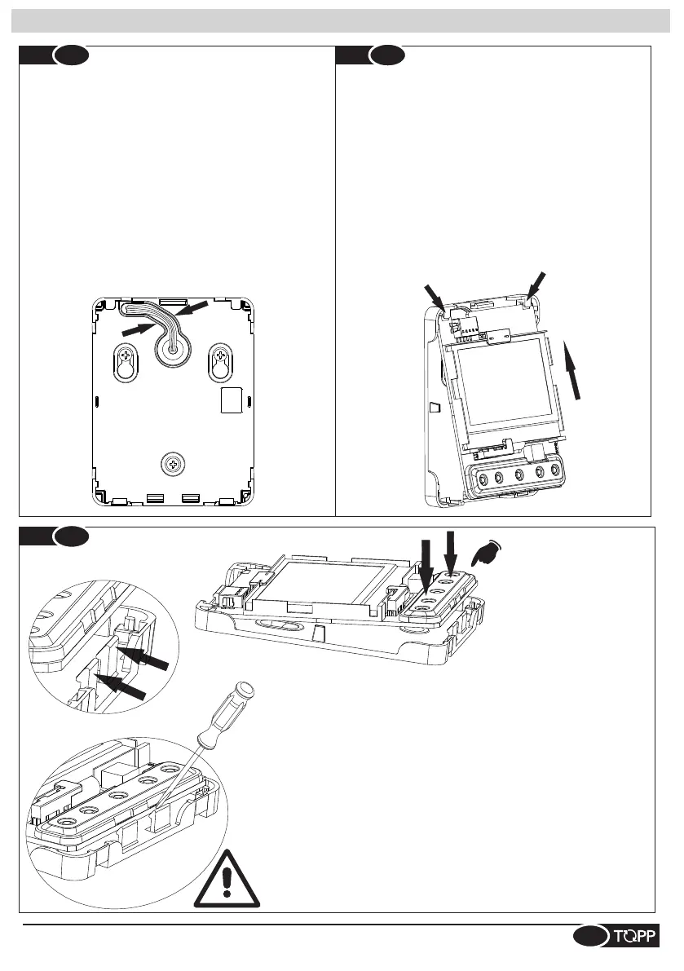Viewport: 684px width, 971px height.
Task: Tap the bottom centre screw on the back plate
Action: point(172,464)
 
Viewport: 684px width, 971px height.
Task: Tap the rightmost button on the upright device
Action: point(555,470)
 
